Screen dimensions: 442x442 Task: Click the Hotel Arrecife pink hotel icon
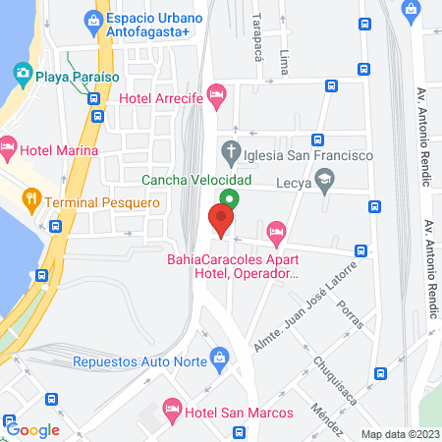coord(218,96)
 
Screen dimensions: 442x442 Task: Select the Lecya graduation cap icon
coord(326,181)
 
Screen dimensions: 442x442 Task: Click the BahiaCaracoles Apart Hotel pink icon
coord(277,234)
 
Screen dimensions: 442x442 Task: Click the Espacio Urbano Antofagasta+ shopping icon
coord(92,19)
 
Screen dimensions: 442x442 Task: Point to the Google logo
coord(32,429)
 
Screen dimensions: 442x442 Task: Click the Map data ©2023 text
coord(399,434)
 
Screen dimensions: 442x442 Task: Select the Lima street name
coord(285,60)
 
